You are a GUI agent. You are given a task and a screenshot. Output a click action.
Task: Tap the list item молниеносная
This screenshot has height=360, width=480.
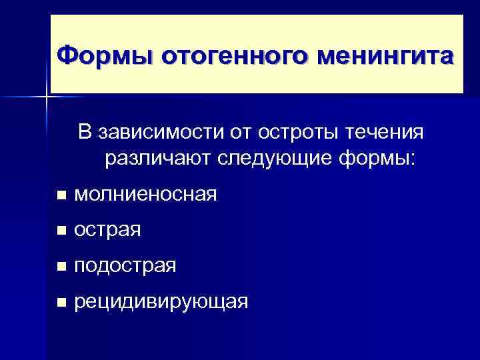tap(145, 195)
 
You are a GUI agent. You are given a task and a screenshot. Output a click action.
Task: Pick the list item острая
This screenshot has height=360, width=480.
tap(107, 231)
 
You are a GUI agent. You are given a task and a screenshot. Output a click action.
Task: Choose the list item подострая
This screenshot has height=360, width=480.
tap(125, 267)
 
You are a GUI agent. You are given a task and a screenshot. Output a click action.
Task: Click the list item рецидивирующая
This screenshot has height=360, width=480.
tap(161, 303)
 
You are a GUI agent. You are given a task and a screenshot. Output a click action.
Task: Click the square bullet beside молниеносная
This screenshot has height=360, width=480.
tap(61, 196)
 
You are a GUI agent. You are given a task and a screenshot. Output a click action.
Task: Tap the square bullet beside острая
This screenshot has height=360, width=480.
tap(61, 232)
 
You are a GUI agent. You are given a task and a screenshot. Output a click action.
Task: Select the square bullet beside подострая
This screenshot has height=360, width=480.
tap(61, 267)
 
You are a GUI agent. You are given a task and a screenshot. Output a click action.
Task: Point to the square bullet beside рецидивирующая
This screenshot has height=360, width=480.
tap(61, 303)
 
